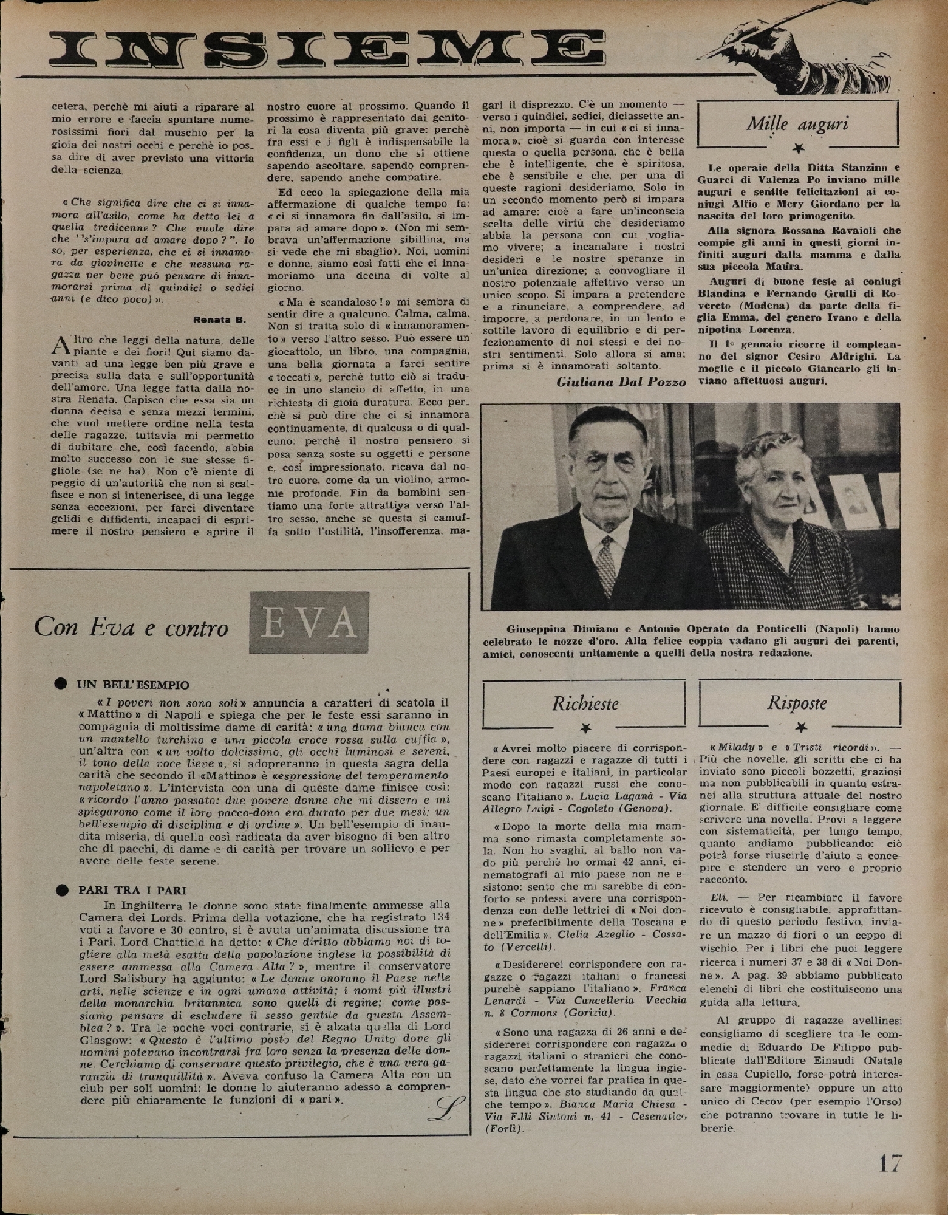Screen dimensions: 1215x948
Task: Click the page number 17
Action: [x=890, y=1163]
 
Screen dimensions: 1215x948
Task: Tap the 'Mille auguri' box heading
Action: [x=797, y=124]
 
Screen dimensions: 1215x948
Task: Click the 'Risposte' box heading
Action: [x=797, y=703]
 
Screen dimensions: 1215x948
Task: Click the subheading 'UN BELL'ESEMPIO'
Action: [x=133, y=685]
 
